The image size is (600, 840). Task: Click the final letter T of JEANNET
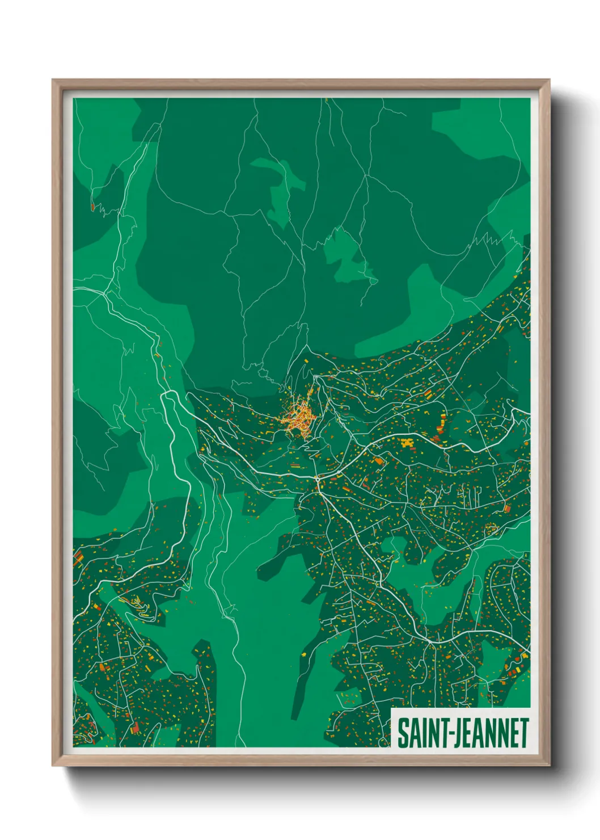pyautogui.click(x=524, y=733)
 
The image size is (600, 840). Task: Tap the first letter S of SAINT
pyautogui.click(x=402, y=733)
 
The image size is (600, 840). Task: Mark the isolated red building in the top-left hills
pyautogui.click(x=92, y=208)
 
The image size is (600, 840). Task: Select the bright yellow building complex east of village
pyautogui.click(x=406, y=443)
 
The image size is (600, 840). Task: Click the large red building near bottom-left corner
pyautogui.click(x=135, y=728)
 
